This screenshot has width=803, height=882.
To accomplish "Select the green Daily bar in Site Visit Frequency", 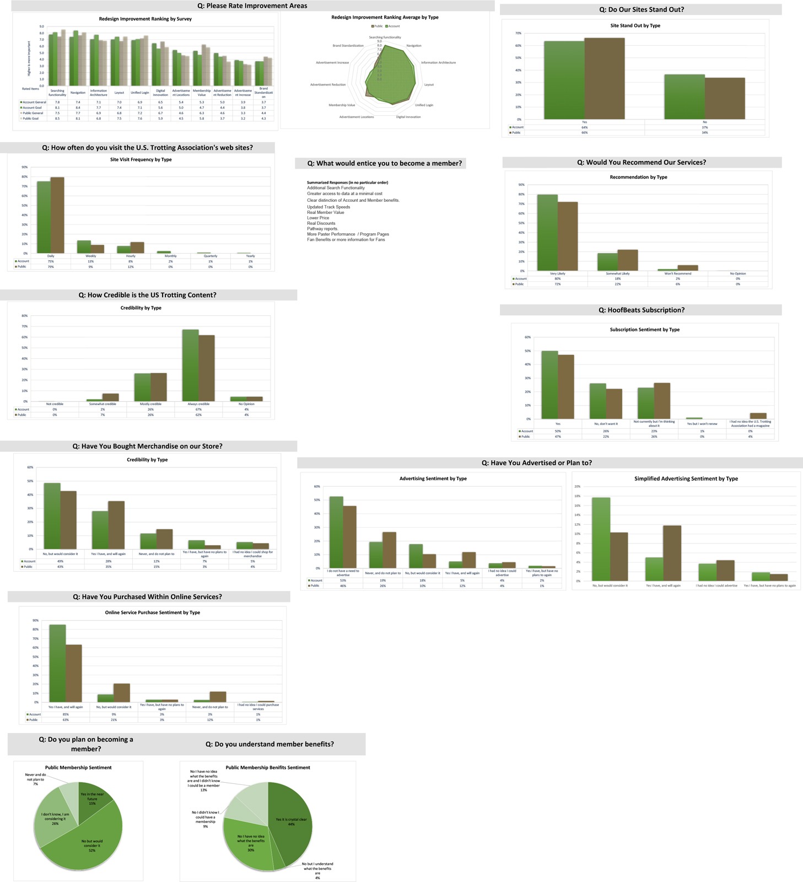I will (x=44, y=217).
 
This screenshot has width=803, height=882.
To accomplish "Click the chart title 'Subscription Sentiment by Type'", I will (x=644, y=330).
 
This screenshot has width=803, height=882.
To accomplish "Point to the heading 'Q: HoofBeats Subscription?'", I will (x=641, y=310).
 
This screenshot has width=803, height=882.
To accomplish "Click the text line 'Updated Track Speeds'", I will (x=328, y=207).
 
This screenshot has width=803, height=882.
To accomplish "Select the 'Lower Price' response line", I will (x=318, y=218).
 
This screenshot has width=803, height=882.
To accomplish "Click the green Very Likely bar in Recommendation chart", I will (x=547, y=232).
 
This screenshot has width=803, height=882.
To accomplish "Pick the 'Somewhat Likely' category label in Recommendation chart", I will (x=617, y=273).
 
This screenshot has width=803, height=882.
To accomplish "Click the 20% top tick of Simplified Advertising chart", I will (x=577, y=487).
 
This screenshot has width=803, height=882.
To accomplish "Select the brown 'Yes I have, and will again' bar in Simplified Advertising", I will (x=672, y=553).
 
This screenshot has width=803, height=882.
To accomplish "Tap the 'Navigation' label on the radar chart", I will (x=413, y=46).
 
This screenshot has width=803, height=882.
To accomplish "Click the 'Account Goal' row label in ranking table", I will (x=32, y=107).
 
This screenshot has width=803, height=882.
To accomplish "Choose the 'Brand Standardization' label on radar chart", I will (x=348, y=46).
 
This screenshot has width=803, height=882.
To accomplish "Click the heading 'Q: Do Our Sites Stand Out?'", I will (x=642, y=10).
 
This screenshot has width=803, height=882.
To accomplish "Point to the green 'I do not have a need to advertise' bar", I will (x=336, y=532).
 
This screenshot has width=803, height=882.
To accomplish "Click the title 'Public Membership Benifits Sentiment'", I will (x=268, y=767).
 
